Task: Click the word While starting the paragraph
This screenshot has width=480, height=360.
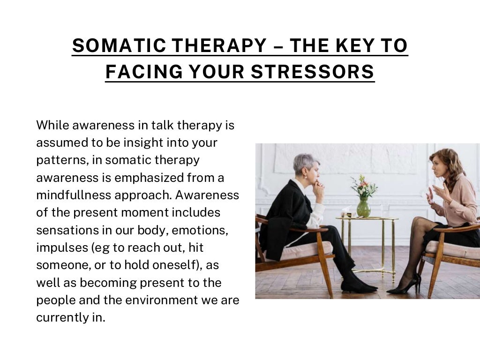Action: click(51, 125)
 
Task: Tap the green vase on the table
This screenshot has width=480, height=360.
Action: click(363, 207)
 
